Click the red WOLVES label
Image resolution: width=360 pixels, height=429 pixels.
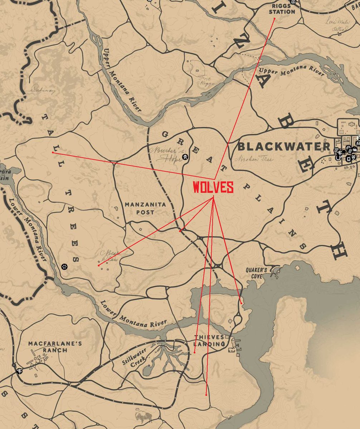pyautogui.click(x=213, y=188)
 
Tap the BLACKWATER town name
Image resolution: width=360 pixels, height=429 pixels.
pyautogui.click(x=284, y=146)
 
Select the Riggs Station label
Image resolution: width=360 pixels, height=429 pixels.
pyautogui.click(x=282, y=9)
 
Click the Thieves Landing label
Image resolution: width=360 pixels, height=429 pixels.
pyautogui.click(x=209, y=341)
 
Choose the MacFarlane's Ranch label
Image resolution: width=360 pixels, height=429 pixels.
pyautogui.click(x=55, y=347)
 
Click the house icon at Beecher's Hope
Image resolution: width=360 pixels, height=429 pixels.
pyautogui.click(x=185, y=157)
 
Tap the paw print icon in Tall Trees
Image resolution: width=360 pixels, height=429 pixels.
pyautogui.click(x=64, y=266)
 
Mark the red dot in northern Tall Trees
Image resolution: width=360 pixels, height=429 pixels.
pyautogui.click(x=53, y=152)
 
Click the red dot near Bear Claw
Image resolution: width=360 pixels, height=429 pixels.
pyautogui.click(x=98, y=265)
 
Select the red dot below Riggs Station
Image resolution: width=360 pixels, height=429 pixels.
pyautogui.click(x=274, y=18)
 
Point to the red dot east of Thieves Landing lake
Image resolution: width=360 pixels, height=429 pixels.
pyautogui.click(x=242, y=303)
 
